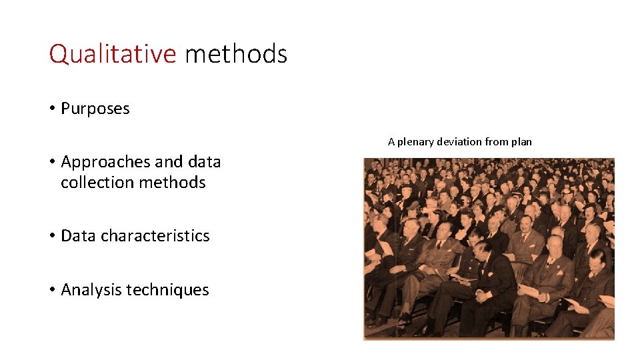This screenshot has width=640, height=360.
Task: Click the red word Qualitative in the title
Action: point(112,54)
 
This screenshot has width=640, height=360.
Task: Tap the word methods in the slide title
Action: point(236,54)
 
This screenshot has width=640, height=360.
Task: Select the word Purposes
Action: point(95,109)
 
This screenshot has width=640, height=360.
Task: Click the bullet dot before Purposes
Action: point(52,109)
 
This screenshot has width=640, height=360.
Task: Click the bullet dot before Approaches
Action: point(52,162)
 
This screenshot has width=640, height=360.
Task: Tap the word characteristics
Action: point(155,236)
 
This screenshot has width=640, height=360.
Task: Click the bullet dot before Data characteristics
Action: point(52,236)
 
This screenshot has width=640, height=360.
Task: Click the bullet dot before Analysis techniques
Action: point(52,290)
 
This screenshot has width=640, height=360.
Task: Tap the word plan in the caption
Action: point(523,142)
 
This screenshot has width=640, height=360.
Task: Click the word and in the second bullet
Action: point(169,162)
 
